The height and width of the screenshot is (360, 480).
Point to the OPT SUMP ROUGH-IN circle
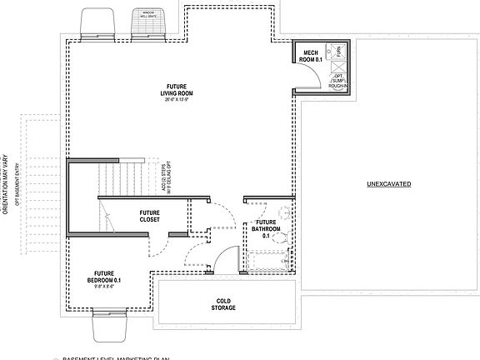337,77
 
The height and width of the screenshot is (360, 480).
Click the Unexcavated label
387,183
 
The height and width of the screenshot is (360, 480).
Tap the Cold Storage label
223,304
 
